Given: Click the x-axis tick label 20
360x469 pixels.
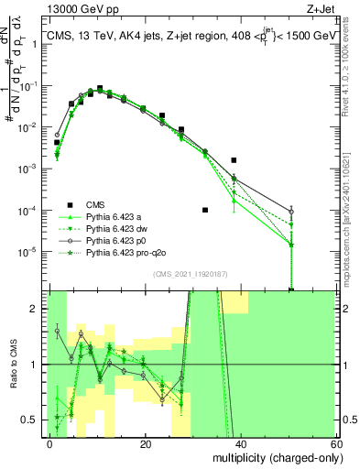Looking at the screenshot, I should point(146,443).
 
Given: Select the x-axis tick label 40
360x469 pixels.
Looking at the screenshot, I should point(241,443).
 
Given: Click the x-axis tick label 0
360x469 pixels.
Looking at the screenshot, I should point(50,443).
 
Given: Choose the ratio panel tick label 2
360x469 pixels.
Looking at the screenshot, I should point(38,309).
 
